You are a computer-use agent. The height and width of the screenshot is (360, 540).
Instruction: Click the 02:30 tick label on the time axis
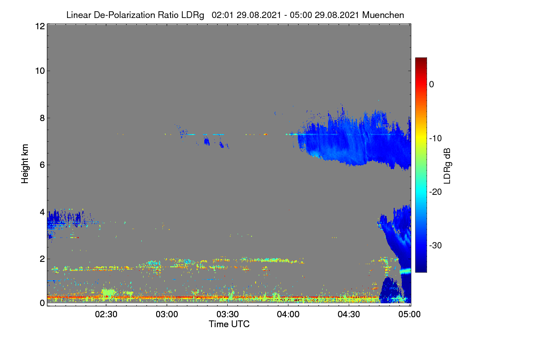coord(106,315)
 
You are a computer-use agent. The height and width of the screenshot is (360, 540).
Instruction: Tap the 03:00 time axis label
coord(167,315)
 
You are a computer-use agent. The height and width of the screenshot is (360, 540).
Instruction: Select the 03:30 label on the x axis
coord(228,315)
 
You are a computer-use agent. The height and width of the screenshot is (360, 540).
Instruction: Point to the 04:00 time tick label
coord(288,315)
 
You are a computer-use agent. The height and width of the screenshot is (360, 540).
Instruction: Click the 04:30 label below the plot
coord(349,315)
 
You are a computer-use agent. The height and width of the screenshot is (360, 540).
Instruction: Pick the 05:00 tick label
coord(409,315)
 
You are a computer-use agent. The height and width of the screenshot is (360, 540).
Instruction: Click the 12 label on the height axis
coord(40,26)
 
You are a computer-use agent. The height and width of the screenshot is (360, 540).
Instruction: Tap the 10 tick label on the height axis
coord(40,71)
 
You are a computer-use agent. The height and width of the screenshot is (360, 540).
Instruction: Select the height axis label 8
coord(42,118)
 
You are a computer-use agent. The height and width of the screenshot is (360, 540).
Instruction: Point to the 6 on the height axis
coord(42,165)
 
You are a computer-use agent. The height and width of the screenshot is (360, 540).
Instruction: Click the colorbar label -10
coord(436,139)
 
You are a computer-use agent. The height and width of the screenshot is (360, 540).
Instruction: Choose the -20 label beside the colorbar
coord(436,192)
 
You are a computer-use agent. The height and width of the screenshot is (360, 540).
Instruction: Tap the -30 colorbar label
coord(436,245)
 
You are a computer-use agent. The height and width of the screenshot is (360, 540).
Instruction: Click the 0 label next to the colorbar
coord(432,85)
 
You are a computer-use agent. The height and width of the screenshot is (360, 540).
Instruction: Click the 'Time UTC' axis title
coord(229,324)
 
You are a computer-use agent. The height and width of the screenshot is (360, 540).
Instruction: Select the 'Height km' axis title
coord(25,164)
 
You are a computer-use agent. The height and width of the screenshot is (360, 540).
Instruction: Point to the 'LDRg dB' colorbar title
coord(447,166)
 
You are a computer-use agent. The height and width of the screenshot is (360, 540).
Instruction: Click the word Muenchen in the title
coord(383,15)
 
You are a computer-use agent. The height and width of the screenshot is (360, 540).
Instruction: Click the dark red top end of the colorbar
coord(421,58)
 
